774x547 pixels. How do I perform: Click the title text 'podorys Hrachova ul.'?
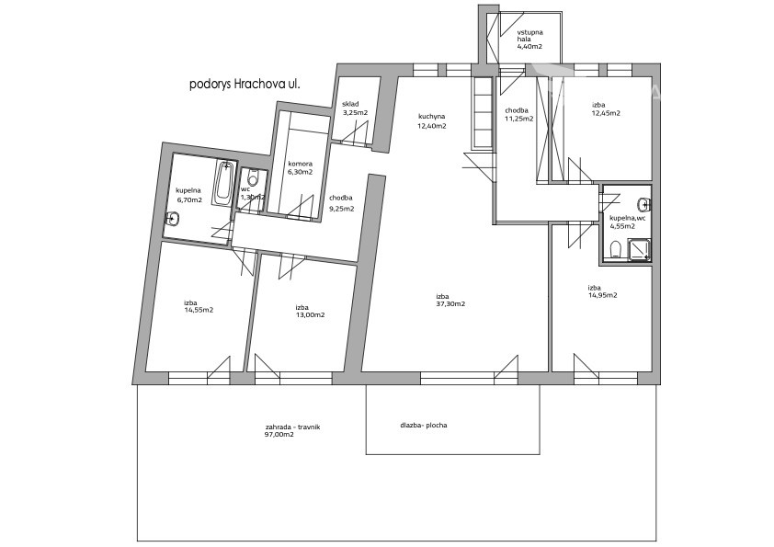pyautogui.click(x=245, y=85)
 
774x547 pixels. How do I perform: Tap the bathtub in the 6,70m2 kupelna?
pyautogui.click(x=224, y=184)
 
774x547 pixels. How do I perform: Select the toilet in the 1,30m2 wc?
pyautogui.click(x=253, y=177)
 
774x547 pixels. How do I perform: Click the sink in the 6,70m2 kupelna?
pyautogui.click(x=172, y=218)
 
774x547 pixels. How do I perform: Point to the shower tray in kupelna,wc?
pyautogui.click(x=639, y=249)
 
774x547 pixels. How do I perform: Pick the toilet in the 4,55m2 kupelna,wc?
pyautogui.click(x=616, y=250)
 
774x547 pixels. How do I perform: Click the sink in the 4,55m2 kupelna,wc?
pyautogui.click(x=643, y=203)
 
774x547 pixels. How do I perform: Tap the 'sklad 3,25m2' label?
pyautogui.click(x=355, y=108)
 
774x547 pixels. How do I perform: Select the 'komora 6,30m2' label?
pyautogui.click(x=300, y=168)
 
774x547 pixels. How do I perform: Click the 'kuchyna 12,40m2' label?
pyautogui.click(x=432, y=121)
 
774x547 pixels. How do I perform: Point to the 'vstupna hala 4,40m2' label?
pyautogui.click(x=530, y=40)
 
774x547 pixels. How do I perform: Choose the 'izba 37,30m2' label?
pyautogui.click(x=450, y=300)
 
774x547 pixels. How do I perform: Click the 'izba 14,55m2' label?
pyautogui.click(x=199, y=306)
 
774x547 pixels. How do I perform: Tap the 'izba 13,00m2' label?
pyautogui.click(x=310, y=311)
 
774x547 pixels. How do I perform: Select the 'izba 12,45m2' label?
pyautogui.click(x=606, y=108)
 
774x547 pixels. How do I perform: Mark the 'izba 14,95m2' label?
pyautogui.click(x=602, y=291)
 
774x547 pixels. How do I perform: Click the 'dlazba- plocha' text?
pyautogui.click(x=424, y=425)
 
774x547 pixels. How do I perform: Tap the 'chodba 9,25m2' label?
pyautogui.click(x=342, y=203)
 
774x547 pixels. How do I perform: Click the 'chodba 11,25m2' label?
pyautogui.click(x=518, y=115)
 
